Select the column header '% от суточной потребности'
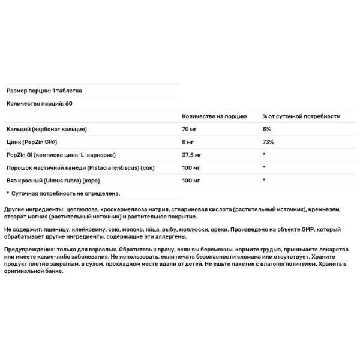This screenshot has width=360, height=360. point(302,116)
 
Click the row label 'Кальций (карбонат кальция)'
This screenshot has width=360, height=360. point(47,129)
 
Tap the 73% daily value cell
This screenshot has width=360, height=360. point(268,142)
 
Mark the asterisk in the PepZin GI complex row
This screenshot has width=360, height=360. point(265,155)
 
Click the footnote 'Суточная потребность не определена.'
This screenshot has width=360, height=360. point(66,193)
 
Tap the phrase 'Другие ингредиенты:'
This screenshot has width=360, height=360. point(29,209)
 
